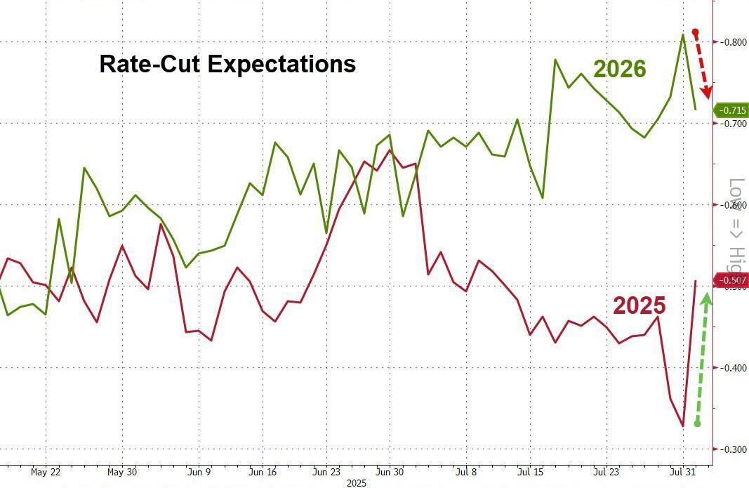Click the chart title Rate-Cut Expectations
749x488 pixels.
pos(227,65)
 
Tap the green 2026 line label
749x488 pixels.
pos(619,69)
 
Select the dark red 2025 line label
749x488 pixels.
pos(639,305)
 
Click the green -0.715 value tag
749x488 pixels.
pos(732,111)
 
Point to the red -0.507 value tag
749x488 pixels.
pos(732,281)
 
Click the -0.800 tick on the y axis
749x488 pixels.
pos(734,42)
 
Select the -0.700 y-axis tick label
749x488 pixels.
pos(734,124)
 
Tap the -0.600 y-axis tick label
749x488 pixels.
pos(734,205)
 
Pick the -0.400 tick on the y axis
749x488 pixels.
pos(734,368)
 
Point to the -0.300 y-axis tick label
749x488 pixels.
pos(734,449)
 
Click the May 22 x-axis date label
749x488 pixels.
pos(47,472)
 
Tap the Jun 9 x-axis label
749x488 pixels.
pos(199,472)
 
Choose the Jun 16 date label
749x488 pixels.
pos(264,472)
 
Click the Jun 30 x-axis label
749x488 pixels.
pos(390,472)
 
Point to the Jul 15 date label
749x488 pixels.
pos(531,472)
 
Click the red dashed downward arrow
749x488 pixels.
pos(702,63)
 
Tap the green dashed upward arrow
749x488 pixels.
pos(702,358)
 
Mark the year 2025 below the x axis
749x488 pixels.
pos(357,483)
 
